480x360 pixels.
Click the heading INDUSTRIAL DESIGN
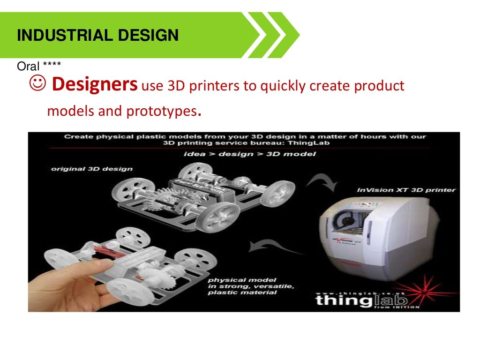[x=97, y=36]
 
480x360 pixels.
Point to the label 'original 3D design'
[x=92, y=169]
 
